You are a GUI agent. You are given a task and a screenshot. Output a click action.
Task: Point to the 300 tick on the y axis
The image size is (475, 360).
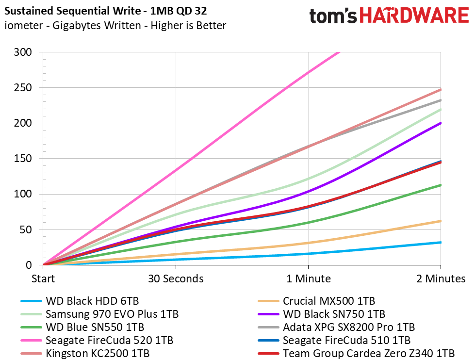(23, 52)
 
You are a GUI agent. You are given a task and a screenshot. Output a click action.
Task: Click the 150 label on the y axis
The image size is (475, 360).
(23, 159)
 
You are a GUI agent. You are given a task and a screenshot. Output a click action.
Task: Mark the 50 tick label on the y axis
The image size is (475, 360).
(26, 229)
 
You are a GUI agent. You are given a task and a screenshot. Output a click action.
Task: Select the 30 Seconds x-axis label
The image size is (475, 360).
(176, 278)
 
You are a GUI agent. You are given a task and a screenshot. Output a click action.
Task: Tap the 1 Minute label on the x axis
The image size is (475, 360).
(309, 278)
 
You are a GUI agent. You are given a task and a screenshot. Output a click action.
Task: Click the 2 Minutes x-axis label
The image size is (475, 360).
(441, 278)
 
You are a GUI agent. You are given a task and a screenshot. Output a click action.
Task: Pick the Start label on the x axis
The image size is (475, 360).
(43, 278)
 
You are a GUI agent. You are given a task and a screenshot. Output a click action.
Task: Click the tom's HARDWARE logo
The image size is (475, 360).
(389, 16)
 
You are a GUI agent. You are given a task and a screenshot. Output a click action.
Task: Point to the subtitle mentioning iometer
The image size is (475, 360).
(115, 25)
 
